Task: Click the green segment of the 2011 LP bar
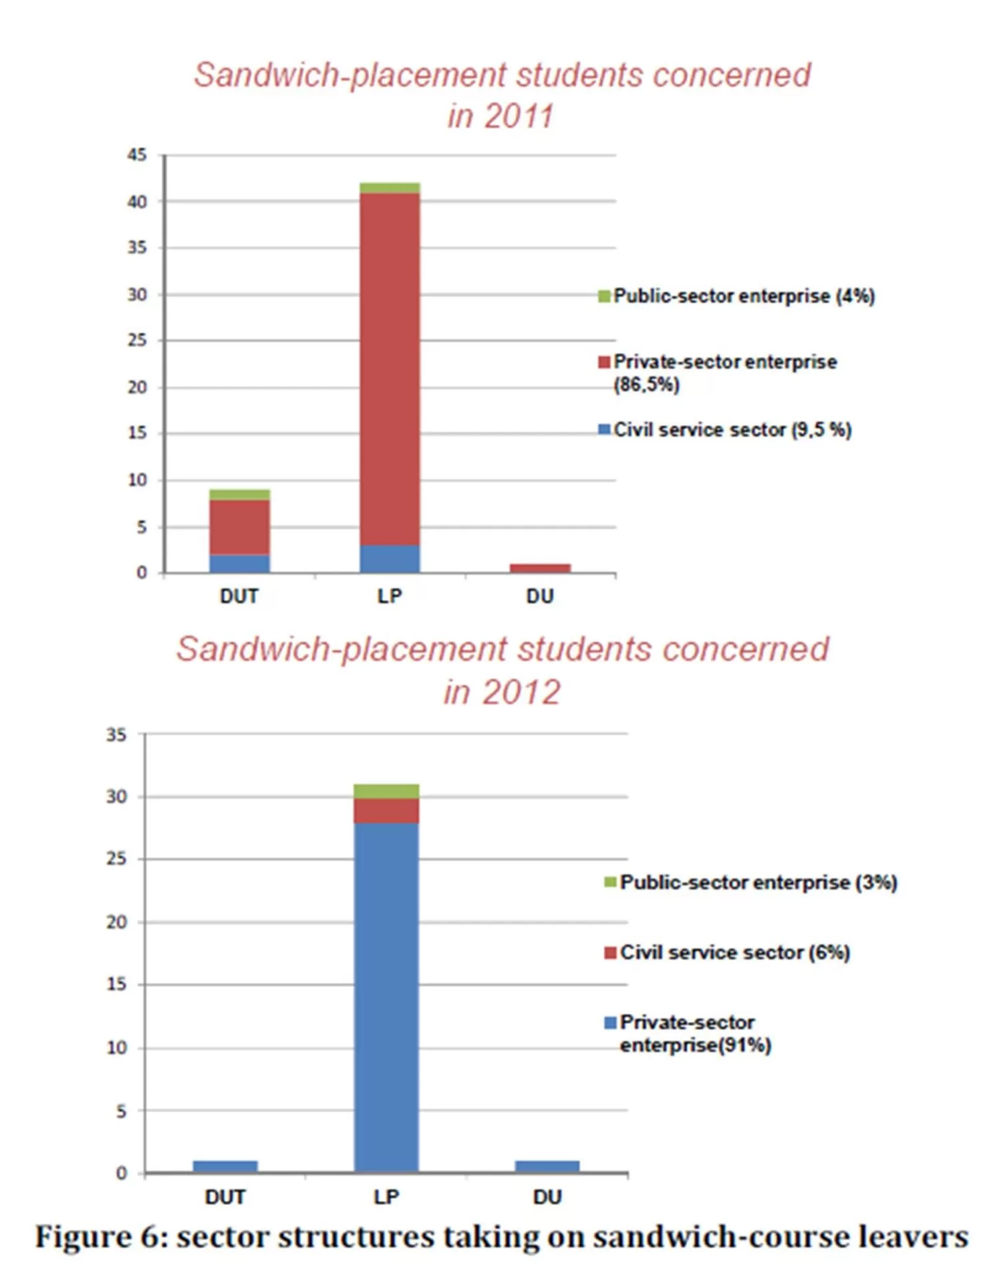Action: (390, 188)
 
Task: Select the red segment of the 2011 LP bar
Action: (390, 368)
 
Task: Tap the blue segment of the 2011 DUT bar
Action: (239, 564)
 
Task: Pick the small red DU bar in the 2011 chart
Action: (540, 568)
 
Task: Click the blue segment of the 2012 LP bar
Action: (386, 996)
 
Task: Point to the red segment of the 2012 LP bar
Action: (386, 811)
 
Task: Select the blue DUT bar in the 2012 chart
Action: (225, 1166)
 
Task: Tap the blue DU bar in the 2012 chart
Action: (547, 1166)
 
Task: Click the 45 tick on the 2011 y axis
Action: (137, 155)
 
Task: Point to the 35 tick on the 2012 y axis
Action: (116, 735)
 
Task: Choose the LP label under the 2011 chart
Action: (390, 596)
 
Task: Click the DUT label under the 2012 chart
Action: (225, 1196)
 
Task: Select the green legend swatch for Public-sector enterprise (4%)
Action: (604, 296)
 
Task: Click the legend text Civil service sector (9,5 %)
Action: (732, 430)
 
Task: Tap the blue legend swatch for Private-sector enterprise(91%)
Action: (610, 1023)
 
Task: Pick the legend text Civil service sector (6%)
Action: (735, 952)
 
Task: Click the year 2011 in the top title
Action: (519, 116)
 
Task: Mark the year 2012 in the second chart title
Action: (522, 692)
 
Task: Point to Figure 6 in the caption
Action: (100, 1237)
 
